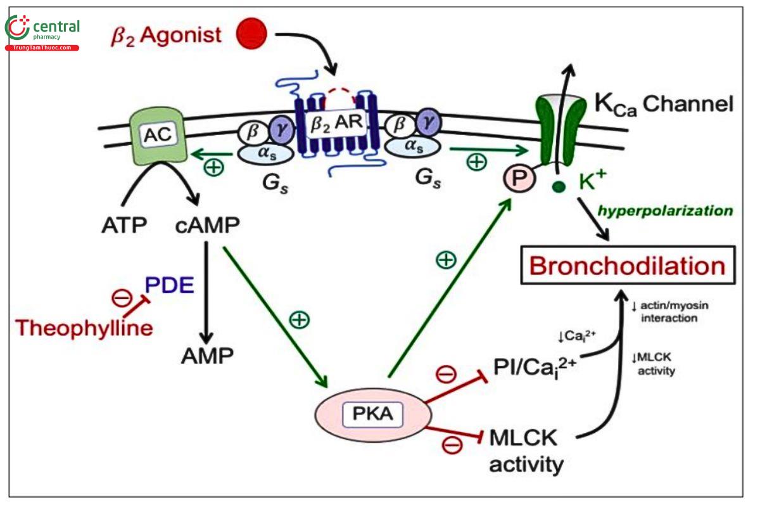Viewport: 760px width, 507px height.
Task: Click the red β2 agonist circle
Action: click(x=251, y=34)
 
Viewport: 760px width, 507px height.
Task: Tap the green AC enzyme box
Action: click(x=158, y=136)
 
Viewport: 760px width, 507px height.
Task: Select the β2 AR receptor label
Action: click(x=336, y=123)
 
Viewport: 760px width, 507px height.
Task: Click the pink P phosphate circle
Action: click(x=519, y=178)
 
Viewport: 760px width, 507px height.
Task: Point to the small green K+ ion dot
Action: click(x=559, y=186)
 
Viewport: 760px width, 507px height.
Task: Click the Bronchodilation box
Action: click(x=628, y=265)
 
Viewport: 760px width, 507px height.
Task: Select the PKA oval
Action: click(x=373, y=414)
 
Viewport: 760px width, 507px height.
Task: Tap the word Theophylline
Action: click(x=84, y=328)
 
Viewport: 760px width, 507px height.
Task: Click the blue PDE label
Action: click(x=169, y=285)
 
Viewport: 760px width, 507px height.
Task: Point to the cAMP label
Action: click(x=207, y=225)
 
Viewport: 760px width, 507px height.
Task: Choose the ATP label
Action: click(x=124, y=225)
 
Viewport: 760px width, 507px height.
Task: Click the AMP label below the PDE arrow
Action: click(x=207, y=356)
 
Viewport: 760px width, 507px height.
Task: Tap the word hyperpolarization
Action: click(x=665, y=211)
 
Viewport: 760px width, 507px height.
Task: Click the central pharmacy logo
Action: click(x=42, y=32)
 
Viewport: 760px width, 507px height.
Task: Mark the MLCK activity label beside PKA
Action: click(x=526, y=451)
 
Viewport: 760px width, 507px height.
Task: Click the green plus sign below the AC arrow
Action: click(x=214, y=167)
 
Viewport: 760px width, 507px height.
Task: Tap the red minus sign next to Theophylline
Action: click(x=122, y=298)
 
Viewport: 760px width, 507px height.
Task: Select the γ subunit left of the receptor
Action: click(x=282, y=129)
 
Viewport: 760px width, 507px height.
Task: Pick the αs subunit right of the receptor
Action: click(x=413, y=146)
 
